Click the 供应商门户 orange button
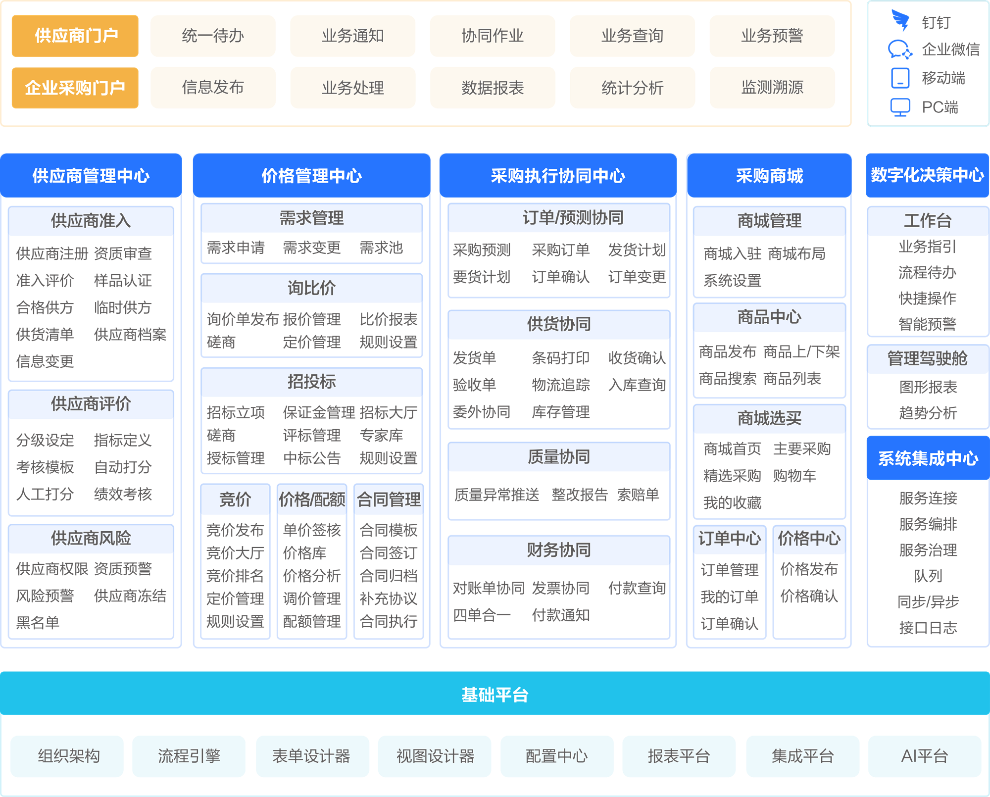[75, 36]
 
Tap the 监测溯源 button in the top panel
[772, 88]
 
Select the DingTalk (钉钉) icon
[900, 21]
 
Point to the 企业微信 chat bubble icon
[899, 49]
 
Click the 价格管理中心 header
[311, 176]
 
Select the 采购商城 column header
[769, 176]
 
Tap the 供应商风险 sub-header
[91, 538]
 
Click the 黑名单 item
[38, 622]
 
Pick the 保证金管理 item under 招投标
[319, 412]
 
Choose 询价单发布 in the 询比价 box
[243, 319]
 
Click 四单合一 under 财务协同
[482, 615]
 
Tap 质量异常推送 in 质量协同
[496, 495]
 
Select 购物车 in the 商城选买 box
[794, 476]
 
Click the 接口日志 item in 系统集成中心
[928, 628]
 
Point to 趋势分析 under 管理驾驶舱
[928, 413]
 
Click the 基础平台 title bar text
[495, 695]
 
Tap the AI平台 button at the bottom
[924, 756]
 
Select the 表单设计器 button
[312, 756]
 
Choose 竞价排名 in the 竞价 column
[235, 576]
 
